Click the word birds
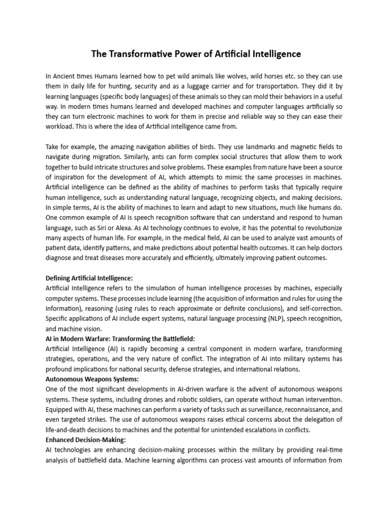(x=202, y=145)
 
